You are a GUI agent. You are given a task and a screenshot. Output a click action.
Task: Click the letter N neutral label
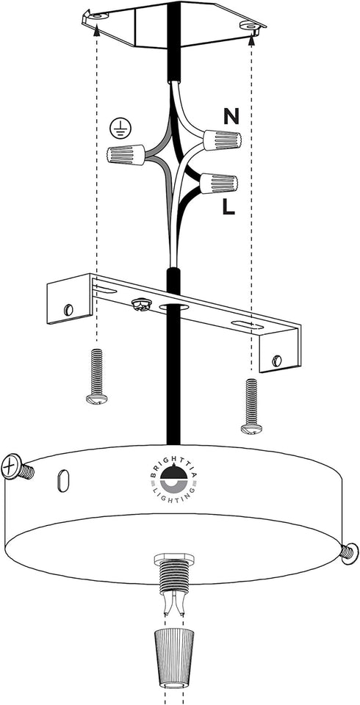231,117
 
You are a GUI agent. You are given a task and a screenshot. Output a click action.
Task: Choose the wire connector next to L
218,183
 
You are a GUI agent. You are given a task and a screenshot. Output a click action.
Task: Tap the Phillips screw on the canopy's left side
17,468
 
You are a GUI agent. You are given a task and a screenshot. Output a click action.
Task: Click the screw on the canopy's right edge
350,552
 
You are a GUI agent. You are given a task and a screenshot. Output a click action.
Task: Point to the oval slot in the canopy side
64,481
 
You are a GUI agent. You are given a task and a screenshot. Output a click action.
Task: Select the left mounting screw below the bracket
97,376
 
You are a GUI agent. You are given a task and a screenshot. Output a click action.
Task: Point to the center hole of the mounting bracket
173,308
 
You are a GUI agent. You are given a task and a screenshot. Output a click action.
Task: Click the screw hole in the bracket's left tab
69,309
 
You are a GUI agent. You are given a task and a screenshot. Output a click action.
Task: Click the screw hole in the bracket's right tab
277,360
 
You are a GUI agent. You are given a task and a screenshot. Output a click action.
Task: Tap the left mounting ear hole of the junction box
98,16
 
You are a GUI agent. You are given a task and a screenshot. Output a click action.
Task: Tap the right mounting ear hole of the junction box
248,26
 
